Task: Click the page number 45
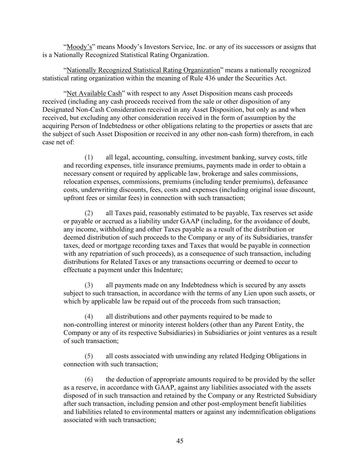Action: [180, 441]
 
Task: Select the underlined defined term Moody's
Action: [79, 47]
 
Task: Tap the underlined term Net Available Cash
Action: [94, 94]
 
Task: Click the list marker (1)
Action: [89, 157]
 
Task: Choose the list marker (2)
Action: [89, 213]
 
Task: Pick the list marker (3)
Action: [89, 285]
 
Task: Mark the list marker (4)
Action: [89, 316]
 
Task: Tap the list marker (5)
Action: [89, 356]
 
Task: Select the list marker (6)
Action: [89, 379]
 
